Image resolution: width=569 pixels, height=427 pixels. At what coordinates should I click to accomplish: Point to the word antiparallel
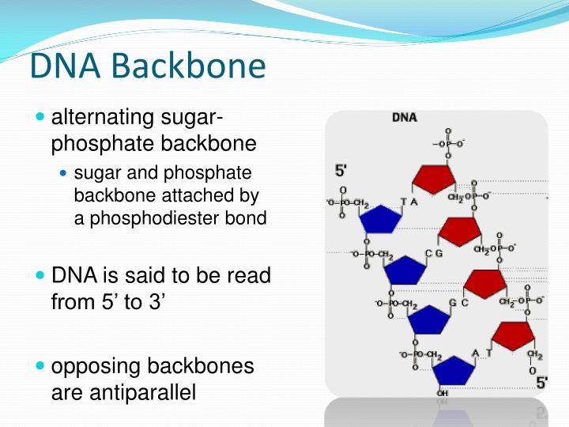click(123, 391)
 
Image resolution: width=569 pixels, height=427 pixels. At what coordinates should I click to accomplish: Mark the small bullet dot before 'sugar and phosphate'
click(65, 173)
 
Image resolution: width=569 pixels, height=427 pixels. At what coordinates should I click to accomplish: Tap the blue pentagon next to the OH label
click(453, 370)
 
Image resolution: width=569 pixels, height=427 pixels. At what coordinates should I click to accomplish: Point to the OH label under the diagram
click(443, 393)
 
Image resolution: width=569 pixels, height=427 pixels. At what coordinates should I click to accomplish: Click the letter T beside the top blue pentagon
click(404, 202)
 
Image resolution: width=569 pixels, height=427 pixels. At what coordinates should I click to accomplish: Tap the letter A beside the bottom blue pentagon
click(475, 353)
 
